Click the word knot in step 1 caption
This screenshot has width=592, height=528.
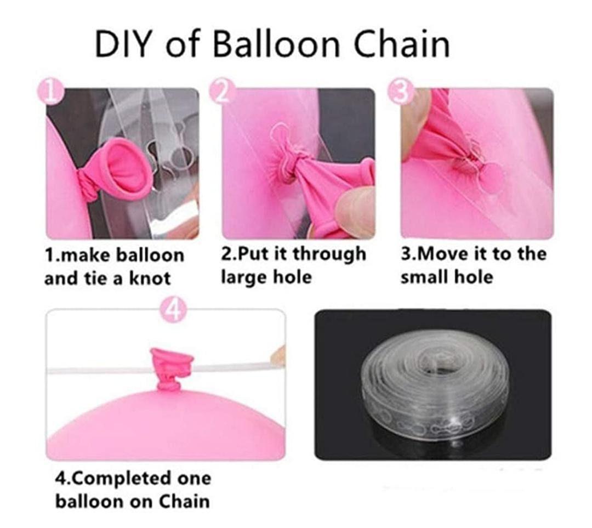[x=149, y=278]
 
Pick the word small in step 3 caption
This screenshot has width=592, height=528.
[x=422, y=277]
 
